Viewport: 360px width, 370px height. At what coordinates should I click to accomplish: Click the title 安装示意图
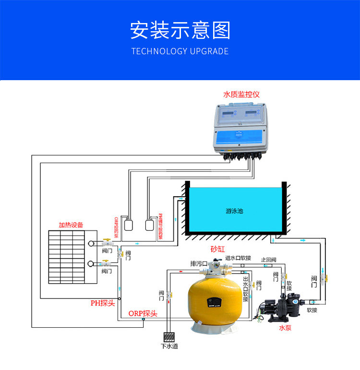(180, 30)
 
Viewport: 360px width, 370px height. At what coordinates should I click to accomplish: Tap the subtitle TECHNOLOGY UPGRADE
(180, 51)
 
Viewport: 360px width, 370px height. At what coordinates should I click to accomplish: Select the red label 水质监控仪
(241, 95)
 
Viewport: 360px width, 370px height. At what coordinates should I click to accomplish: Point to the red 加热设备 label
(71, 225)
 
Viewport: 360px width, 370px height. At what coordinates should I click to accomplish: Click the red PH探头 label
(103, 303)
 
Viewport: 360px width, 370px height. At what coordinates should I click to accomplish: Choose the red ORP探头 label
(143, 313)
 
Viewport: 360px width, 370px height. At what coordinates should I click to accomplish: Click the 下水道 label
(169, 346)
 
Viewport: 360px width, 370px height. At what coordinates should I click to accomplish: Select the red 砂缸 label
(217, 250)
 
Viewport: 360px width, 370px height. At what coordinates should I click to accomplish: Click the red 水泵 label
(285, 328)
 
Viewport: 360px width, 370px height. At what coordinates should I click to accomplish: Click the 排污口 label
(198, 263)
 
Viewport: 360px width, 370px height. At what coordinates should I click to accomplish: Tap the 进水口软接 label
(238, 258)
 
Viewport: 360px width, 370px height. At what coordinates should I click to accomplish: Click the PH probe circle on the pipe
(120, 298)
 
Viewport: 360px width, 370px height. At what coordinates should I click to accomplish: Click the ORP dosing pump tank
(128, 225)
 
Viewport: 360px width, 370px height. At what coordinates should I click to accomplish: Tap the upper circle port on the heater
(91, 243)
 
